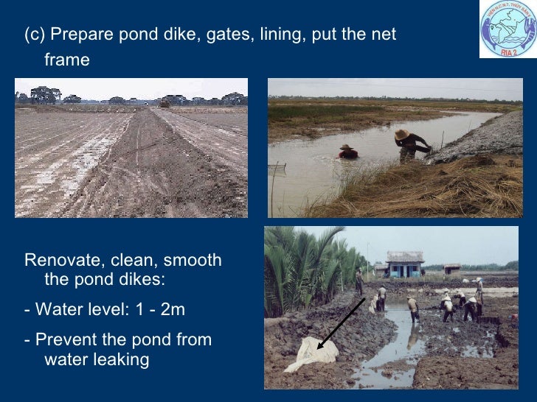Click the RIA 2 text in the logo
point(508,52)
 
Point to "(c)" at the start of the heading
point(35,34)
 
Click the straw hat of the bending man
point(402,134)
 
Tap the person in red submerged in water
point(347,152)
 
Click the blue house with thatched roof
point(405,264)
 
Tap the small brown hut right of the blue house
point(452,268)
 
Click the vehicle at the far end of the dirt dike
point(164,105)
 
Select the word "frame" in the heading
point(67,60)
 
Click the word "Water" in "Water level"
point(60,309)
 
